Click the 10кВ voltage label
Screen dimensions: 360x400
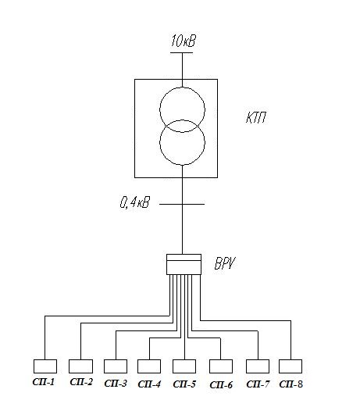[183, 41]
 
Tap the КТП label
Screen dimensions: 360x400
[256, 117]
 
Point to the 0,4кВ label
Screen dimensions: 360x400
[135, 202]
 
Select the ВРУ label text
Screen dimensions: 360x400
[225, 263]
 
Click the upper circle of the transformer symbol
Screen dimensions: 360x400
[160, 109]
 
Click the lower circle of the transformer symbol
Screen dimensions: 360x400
[159, 142]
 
